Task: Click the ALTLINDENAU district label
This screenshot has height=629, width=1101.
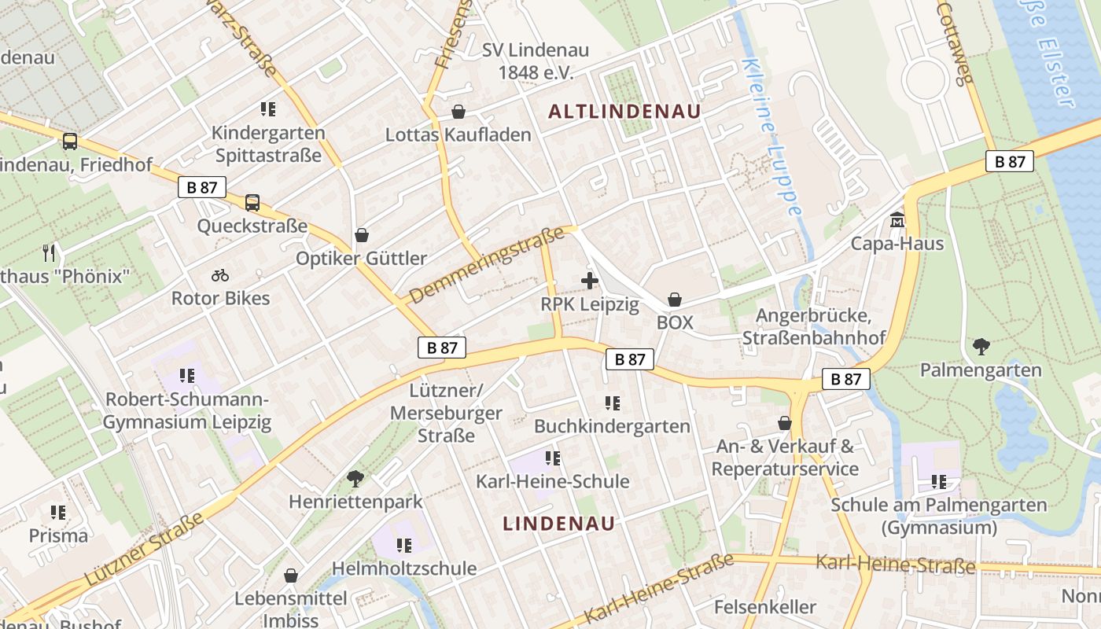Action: tap(624, 112)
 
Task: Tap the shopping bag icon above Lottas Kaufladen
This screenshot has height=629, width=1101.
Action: tap(458, 112)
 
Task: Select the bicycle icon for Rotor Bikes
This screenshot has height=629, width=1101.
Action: tap(220, 275)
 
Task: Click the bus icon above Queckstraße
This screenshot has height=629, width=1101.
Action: tap(252, 203)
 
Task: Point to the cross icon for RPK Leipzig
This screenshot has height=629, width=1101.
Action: tap(589, 281)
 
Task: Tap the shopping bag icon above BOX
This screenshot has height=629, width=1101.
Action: tap(675, 300)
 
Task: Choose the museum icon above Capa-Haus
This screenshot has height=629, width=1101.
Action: tap(897, 220)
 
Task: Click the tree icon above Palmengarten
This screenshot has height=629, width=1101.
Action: tap(981, 346)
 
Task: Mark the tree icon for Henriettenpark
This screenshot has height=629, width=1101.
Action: tap(355, 477)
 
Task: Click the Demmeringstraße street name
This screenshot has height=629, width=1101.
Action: tap(488, 265)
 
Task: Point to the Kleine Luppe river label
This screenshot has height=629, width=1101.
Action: tap(773, 138)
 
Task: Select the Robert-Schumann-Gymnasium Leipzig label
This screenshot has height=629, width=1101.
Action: tap(187, 410)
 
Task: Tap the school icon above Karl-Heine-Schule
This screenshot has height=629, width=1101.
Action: tap(553, 458)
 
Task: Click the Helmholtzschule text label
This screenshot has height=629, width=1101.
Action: tap(404, 568)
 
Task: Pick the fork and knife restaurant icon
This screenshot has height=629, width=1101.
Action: tap(49, 252)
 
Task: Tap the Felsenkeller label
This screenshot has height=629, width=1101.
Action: tap(765, 607)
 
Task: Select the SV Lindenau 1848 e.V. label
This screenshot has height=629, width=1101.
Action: tap(535, 61)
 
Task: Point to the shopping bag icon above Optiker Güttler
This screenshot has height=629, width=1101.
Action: tap(362, 235)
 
